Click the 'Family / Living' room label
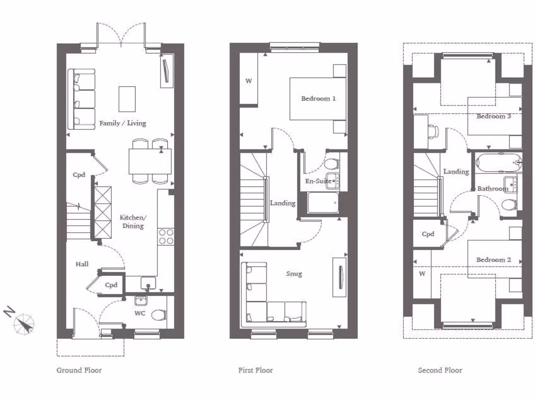click(x=123, y=124)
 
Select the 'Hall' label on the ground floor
click(x=82, y=265)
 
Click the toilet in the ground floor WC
click(x=158, y=315)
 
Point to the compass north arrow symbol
click(x=24, y=323)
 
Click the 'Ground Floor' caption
click(x=79, y=370)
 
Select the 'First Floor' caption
click(x=255, y=370)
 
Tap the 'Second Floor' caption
click(x=440, y=370)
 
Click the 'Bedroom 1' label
click(x=318, y=99)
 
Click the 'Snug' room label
click(x=294, y=274)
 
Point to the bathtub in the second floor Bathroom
click(x=498, y=163)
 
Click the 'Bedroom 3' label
click(x=494, y=116)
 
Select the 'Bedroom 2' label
click(x=493, y=260)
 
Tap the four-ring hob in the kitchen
click(x=166, y=237)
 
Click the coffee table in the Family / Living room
click(x=127, y=99)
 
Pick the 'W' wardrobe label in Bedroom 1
click(x=249, y=81)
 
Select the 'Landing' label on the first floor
click(x=283, y=203)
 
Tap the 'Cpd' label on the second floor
click(x=428, y=234)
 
